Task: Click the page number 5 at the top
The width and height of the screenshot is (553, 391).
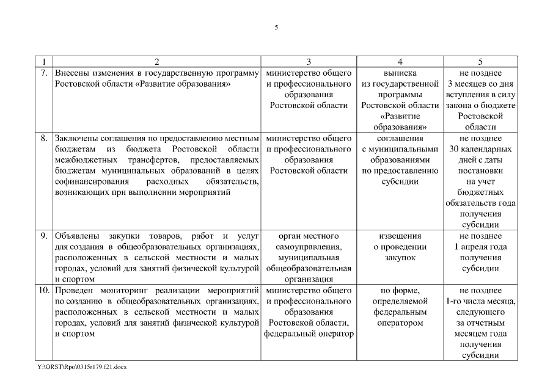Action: coord(276,27)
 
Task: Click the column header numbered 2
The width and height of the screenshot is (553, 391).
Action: coord(157,62)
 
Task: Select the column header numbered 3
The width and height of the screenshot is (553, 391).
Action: coord(309,62)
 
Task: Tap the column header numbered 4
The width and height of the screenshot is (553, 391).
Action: coord(400,62)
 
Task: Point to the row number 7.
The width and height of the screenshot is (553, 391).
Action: coord(43,73)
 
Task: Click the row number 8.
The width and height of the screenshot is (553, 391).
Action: coord(43,138)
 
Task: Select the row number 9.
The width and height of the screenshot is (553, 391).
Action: coord(43,235)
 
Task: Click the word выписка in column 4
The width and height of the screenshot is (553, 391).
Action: coord(400,73)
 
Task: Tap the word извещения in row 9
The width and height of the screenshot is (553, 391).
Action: coord(400,235)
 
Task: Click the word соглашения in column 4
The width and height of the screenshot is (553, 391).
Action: coord(400,138)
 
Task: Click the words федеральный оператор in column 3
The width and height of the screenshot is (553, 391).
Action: coord(309,334)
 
